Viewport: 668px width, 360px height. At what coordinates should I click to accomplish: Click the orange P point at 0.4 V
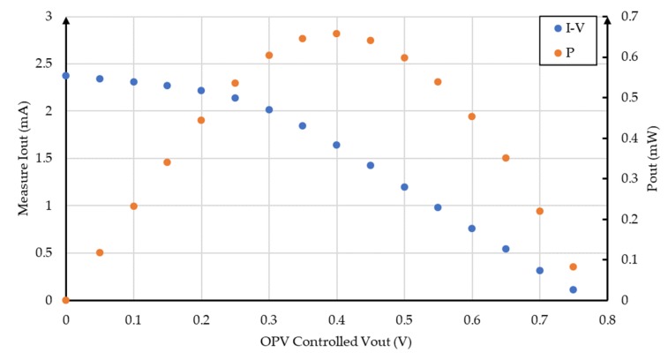[x=336, y=34]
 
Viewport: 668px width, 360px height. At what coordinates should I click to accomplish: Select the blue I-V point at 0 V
[x=65, y=76]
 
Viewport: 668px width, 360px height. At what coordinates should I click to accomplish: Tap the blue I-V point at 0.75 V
[x=573, y=289]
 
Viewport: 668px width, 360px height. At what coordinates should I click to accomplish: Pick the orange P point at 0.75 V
[x=573, y=266]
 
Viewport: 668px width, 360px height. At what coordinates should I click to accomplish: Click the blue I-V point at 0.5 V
[x=404, y=187]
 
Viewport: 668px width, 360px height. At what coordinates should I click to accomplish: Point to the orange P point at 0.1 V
[x=133, y=206]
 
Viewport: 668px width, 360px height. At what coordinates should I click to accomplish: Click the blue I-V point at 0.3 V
[x=269, y=110]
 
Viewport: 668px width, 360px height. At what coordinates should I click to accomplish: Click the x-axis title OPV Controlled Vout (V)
[x=335, y=341]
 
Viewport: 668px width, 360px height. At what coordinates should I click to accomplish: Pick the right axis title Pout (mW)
[x=653, y=159]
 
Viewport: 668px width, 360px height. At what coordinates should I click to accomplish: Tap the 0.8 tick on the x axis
[x=606, y=319]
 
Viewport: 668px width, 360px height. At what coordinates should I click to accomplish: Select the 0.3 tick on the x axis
[x=268, y=319]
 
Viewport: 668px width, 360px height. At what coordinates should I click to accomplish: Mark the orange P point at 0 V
[x=65, y=301]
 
